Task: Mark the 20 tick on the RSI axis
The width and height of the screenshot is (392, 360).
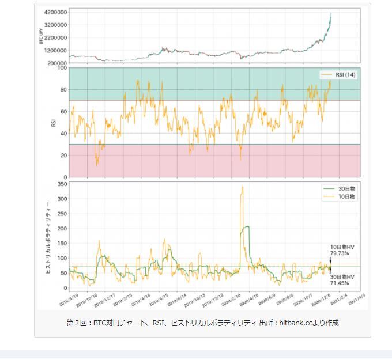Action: pos(62,156)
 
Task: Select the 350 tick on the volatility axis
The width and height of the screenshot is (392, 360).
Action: pos(61,184)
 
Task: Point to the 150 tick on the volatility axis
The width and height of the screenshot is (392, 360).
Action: pos(61,244)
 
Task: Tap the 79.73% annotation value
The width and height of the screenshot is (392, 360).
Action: pos(340,253)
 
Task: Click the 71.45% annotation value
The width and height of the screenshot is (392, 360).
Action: pos(340,283)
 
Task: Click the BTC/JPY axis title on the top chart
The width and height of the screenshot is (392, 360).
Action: pos(41,36)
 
